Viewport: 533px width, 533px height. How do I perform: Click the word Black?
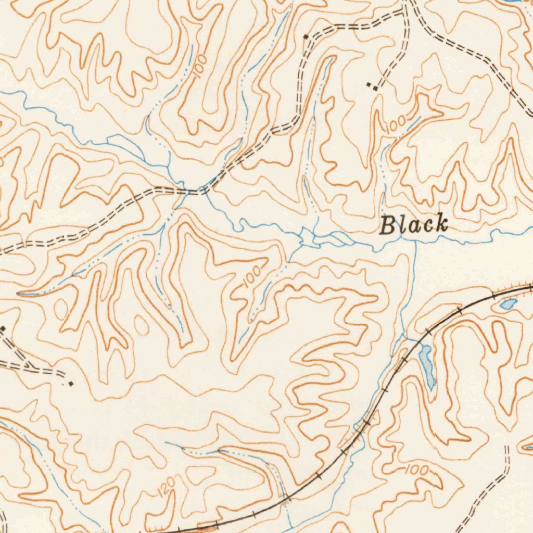(x=414, y=224)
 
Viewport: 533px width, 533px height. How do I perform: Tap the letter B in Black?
(x=387, y=226)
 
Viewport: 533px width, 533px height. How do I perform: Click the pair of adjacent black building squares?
(x=372, y=86)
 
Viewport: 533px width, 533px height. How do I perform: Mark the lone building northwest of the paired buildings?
(x=306, y=36)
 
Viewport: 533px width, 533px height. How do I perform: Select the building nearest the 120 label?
(x=71, y=384)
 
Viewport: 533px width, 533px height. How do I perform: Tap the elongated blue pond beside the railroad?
(x=426, y=366)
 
